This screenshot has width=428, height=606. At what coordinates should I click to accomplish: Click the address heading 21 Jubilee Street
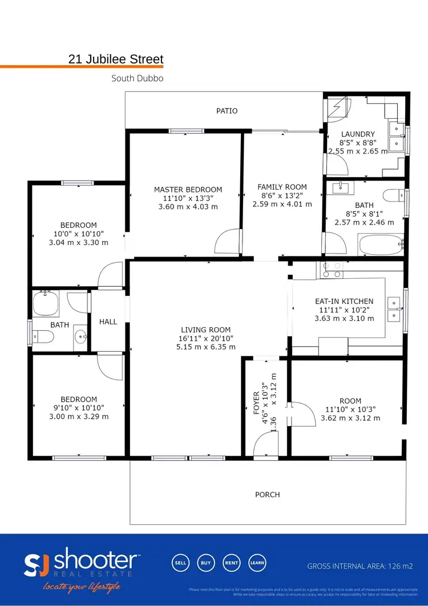[x=116, y=59]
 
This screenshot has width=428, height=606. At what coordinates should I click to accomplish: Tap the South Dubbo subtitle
[x=137, y=78]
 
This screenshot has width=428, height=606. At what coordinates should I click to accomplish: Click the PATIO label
[x=227, y=111]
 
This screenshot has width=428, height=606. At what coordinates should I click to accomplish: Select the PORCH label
[x=267, y=495]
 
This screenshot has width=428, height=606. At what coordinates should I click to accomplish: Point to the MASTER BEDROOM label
[x=188, y=190]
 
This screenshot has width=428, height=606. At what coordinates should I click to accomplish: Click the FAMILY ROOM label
[x=282, y=187]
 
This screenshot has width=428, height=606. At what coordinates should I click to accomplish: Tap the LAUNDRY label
[x=358, y=134]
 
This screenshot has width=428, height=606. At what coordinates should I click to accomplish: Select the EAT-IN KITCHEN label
[x=344, y=301]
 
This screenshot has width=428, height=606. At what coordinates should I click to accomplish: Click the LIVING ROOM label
[x=205, y=330]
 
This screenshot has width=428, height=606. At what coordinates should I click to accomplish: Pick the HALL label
[x=108, y=322]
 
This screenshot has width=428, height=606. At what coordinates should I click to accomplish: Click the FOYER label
[x=256, y=402]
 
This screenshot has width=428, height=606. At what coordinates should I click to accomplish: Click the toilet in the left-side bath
[x=43, y=337]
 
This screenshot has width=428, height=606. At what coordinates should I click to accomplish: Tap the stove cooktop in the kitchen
[x=332, y=270]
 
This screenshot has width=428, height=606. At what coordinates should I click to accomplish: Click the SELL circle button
[x=180, y=563]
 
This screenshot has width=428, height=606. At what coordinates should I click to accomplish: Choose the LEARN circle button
[x=257, y=563]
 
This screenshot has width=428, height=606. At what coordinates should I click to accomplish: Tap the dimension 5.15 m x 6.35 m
[x=205, y=347]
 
